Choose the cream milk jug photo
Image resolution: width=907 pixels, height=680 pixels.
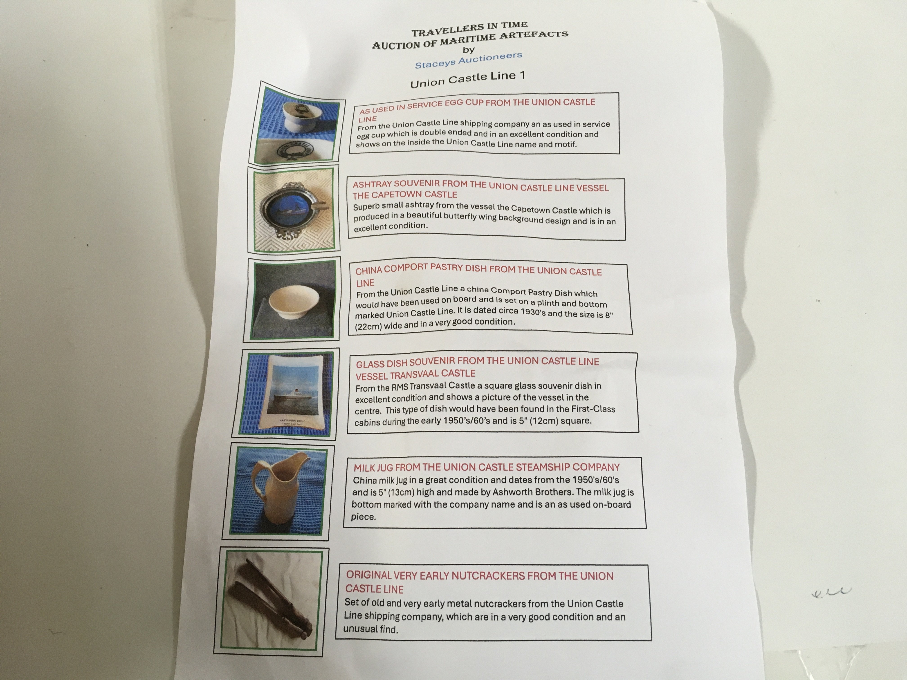pyautogui.click(x=279, y=491)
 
